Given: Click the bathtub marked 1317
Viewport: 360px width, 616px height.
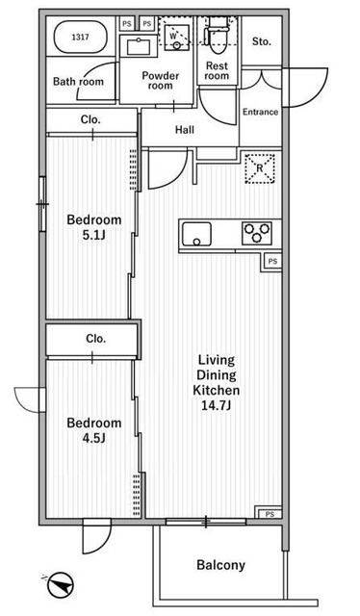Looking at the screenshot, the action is pyautogui.click(x=80, y=37).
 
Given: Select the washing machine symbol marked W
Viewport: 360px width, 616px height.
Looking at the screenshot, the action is pyautogui.click(x=177, y=37).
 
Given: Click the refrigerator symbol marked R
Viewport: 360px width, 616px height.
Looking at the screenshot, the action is pyautogui.click(x=259, y=168).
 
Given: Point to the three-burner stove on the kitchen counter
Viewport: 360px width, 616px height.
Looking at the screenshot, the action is pyautogui.click(x=257, y=233).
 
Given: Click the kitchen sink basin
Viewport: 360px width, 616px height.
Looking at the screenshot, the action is pyautogui.click(x=196, y=234).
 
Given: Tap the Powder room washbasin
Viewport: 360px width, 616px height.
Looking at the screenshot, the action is pyautogui.click(x=138, y=47).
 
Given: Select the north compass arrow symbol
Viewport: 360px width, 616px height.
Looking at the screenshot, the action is pyautogui.click(x=60, y=584).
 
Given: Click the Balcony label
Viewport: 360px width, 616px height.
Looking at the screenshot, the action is pyautogui.click(x=220, y=565).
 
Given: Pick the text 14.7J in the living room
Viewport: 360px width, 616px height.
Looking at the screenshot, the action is pyautogui.click(x=216, y=405).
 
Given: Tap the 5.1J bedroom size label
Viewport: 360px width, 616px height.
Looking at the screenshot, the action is pyautogui.click(x=94, y=235).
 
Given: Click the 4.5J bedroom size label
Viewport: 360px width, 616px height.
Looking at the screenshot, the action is pyautogui.click(x=94, y=438).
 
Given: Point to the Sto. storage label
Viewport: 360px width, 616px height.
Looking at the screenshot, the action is pyautogui.click(x=262, y=41).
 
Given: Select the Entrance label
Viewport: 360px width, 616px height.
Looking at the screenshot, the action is pyautogui.click(x=260, y=112).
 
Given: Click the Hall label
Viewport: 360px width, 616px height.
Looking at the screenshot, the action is pyautogui.click(x=185, y=130).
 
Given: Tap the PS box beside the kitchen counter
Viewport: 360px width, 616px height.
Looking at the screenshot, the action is pyautogui.click(x=272, y=261).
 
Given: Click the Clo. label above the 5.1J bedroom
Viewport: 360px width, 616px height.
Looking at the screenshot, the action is pyautogui.click(x=90, y=119).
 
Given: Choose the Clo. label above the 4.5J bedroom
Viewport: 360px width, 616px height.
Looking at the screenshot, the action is pyautogui.click(x=96, y=338).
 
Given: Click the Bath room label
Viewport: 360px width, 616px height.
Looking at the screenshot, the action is pyautogui.click(x=78, y=82).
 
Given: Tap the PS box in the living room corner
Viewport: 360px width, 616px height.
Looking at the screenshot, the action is pyautogui.click(x=270, y=514).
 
